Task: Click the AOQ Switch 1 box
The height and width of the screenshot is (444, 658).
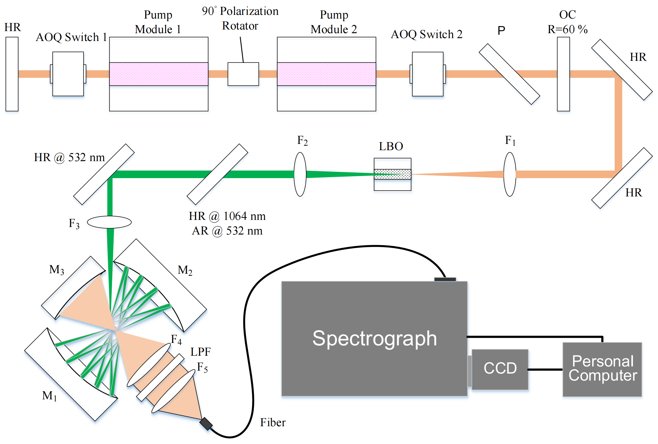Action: pyautogui.click(x=68, y=74)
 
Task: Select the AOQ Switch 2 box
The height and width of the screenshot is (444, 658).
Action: pyautogui.click(x=428, y=74)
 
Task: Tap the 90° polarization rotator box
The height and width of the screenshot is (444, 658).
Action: pyautogui.click(x=243, y=74)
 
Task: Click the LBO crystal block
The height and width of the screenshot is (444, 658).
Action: pyautogui.click(x=392, y=174)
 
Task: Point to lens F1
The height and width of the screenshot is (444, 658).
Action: pyautogui.click(x=510, y=174)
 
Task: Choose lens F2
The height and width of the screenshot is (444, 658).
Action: pyautogui.click(x=300, y=174)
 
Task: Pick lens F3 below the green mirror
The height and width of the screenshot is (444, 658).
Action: pyautogui.click(x=109, y=222)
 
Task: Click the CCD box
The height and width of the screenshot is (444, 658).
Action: pyautogui.click(x=500, y=369)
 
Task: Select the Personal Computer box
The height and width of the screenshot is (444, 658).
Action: pyautogui.click(x=602, y=369)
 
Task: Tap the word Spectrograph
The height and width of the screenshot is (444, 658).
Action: pyautogui.click(x=374, y=339)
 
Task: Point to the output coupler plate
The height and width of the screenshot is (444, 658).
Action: pyautogui.click(x=563, y=74)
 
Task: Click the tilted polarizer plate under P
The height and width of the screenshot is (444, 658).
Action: pyautogui.click(x=509, y=74)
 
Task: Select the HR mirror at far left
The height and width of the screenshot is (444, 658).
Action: pyautogui.click(x=12, y=74)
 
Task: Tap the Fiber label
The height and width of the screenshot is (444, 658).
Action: pyautogui.click(x=273, y=422)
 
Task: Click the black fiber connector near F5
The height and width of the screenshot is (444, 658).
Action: pyautogui.click(x=206, y=424)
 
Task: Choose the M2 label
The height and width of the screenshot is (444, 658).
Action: pyautogui.click(x=185, y=270)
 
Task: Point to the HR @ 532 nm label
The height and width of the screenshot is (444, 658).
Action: pyautogui.click(x=69, y=157)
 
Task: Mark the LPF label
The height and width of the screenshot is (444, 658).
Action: pyautogui.click(x=200, y=352)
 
